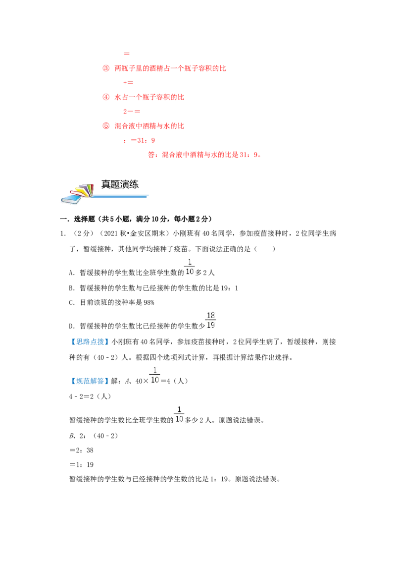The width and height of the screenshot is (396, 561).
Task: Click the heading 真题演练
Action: (120, 185)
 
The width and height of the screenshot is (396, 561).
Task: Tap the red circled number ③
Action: (106, 68)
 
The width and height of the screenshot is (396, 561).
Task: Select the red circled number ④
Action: (106, 97)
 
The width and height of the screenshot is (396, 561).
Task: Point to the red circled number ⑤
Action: (106, 125)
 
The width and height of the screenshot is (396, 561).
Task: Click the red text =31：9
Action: (143, 140)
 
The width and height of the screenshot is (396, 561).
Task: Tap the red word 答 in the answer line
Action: (151, 155)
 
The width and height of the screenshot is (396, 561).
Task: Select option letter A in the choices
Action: (71, 273)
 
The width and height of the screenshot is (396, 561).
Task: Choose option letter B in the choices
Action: (71, 288)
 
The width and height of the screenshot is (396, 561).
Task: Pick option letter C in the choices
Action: (71, 303)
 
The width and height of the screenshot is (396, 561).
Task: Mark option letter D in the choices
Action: (71, 326)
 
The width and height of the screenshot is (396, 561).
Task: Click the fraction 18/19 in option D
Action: (211, 320)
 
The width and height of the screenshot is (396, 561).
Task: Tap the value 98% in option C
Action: (148, 303)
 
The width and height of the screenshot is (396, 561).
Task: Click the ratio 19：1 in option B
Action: (230, 288)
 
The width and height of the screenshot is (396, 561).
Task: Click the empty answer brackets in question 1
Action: (264, 249)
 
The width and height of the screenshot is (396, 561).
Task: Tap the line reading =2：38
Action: (81, 450)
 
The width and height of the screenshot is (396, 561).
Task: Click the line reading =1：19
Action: (81, 465)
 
